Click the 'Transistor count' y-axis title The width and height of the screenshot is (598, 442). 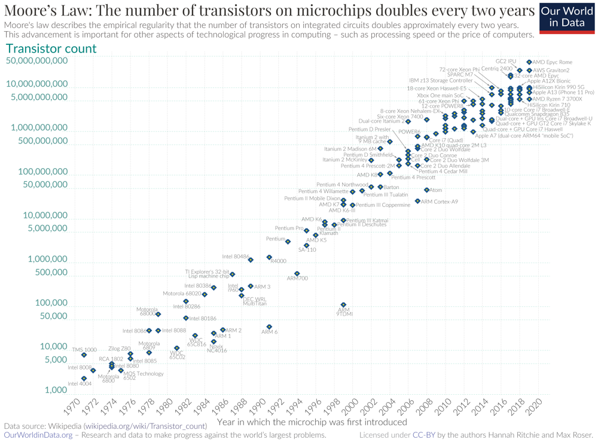51,48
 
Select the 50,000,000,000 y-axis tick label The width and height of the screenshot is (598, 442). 37,61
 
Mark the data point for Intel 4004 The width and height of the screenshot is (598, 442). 84,379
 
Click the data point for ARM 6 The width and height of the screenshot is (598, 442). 269,327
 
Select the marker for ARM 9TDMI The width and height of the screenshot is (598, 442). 343,305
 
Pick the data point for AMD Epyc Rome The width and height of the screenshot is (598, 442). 529,62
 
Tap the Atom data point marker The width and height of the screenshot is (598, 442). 426,190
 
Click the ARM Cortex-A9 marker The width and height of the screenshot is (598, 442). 417,202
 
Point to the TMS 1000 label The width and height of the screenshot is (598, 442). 84,349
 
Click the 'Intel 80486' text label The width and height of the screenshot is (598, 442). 235,257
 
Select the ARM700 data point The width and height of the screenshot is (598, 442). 297,273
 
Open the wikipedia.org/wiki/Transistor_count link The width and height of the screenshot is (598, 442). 145,426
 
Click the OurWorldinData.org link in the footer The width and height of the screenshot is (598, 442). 38,435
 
